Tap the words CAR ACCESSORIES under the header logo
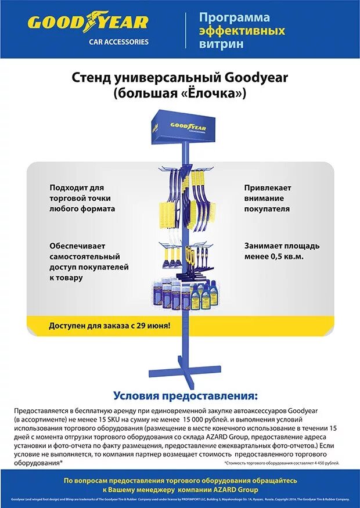(x=118, y=42)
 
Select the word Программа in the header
(x=234, y=17)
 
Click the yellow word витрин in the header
(x=221, y=44)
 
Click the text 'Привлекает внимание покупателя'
(x=267, y=198)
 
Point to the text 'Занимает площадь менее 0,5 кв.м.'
(x=282, y=251)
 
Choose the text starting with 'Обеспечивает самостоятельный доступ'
(x=89, y=261)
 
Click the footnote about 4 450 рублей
(x=281, y=463)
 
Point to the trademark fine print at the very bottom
(x=179, y=499)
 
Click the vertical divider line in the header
(x=186, y=30)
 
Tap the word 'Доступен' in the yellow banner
(x=67, y=326)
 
